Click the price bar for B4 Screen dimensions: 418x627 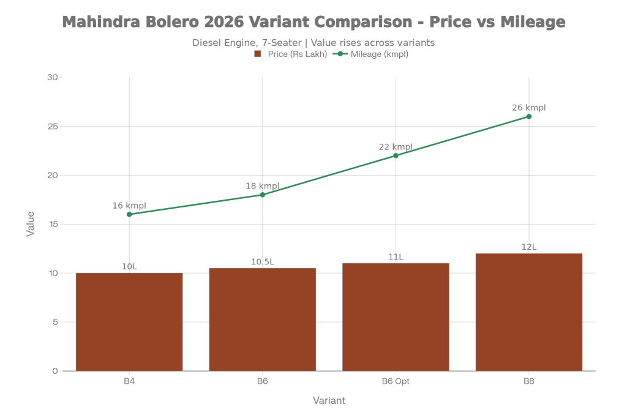(129, 321)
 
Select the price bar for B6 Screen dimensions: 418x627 (262, 319)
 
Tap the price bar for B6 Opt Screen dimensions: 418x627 (396, 316)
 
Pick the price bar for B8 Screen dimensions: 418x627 (529, 312)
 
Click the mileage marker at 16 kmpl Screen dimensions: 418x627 (129, 214)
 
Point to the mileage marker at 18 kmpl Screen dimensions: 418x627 (262, 195)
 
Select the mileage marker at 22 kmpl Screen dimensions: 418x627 (396, 155)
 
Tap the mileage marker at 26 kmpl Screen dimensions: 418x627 (529, 116)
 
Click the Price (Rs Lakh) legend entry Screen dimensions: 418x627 (291, 54)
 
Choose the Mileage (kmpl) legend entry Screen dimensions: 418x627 (372, 54)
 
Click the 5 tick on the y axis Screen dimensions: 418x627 (54, 322)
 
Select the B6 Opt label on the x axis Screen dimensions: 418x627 (396, 381)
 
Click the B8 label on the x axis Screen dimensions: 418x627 (529, 381)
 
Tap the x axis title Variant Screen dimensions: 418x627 (329, 400)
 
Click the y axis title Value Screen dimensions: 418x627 (31, 224)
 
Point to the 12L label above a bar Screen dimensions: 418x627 (529, 247)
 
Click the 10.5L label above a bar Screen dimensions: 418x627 (262, 261)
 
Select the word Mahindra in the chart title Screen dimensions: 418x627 (102, 23)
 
